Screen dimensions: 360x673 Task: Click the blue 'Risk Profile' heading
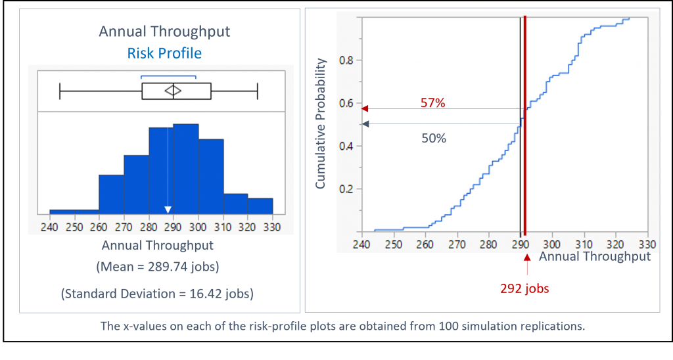pos(164,53)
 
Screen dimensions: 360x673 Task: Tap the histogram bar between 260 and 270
pos(111,194)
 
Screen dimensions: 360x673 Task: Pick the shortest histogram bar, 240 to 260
pos(74,212)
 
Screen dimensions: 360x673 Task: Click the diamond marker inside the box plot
pos(173,91)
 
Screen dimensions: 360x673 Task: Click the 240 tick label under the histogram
pos(50,227)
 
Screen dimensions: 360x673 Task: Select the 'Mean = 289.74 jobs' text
pos(158,268)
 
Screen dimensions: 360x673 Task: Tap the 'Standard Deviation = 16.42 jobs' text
pos(158,294)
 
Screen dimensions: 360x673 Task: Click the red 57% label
pos(433,103)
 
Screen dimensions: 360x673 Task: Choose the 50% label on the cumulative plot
pos(433,139)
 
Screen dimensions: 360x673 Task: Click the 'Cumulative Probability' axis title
pos(321,124)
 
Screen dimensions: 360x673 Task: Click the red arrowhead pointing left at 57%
pos(365,108)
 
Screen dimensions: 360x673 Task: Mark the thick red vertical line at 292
pos(525,164)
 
